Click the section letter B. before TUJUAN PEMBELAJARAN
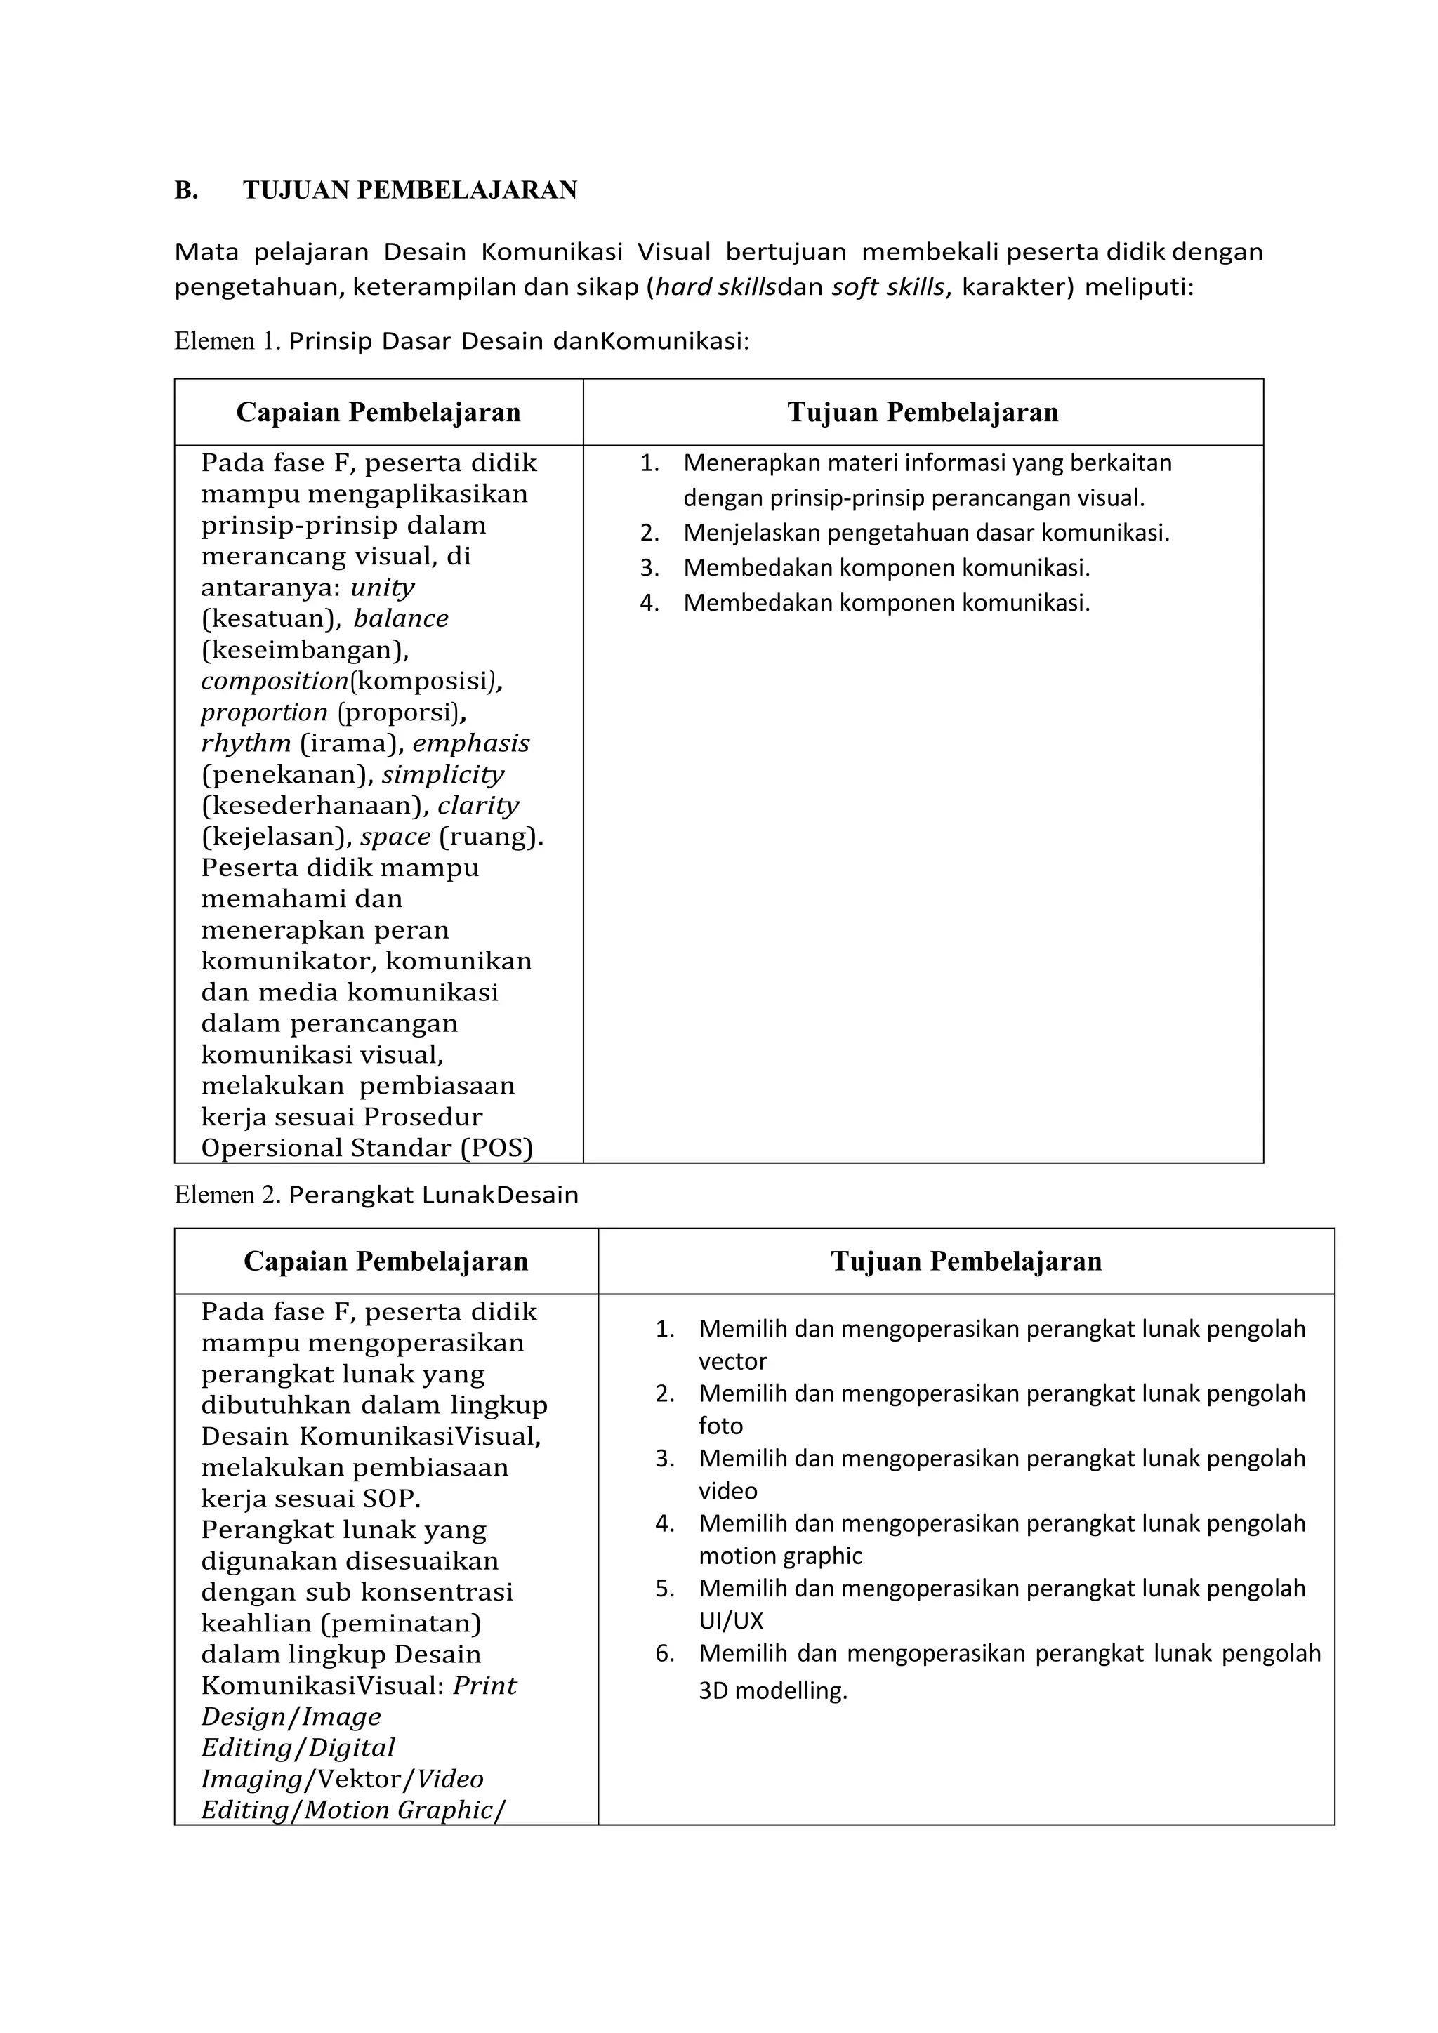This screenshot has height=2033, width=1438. (x=186, y=190)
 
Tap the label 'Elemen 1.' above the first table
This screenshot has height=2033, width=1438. (x=227, y=341)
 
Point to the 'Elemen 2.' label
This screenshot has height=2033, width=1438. (x=227, y=1196)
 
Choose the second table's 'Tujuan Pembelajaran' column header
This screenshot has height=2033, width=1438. (x=966, y=1261)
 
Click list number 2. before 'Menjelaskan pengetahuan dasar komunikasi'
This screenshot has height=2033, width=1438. (x=650, y=533)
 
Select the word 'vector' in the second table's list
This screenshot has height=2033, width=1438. (x=732, y=1361)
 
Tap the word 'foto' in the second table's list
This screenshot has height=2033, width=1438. (x=721, y=1426)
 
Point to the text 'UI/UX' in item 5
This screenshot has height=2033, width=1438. (x=730, y=1620)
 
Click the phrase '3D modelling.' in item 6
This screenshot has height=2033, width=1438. (x=772, y=1690)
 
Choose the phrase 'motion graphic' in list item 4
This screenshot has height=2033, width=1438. (x=780, y=1556)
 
